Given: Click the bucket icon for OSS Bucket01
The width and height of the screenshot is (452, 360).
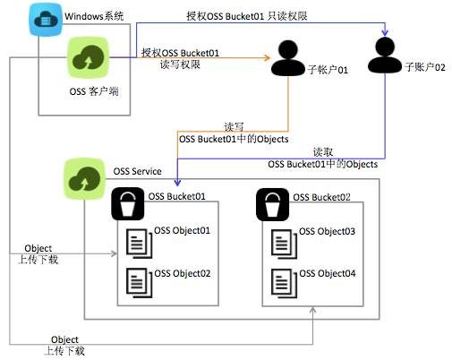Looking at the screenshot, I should (128, 206).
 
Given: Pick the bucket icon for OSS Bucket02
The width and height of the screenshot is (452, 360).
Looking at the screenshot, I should (273, 206).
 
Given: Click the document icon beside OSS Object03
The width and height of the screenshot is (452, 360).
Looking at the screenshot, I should (283, 240).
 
